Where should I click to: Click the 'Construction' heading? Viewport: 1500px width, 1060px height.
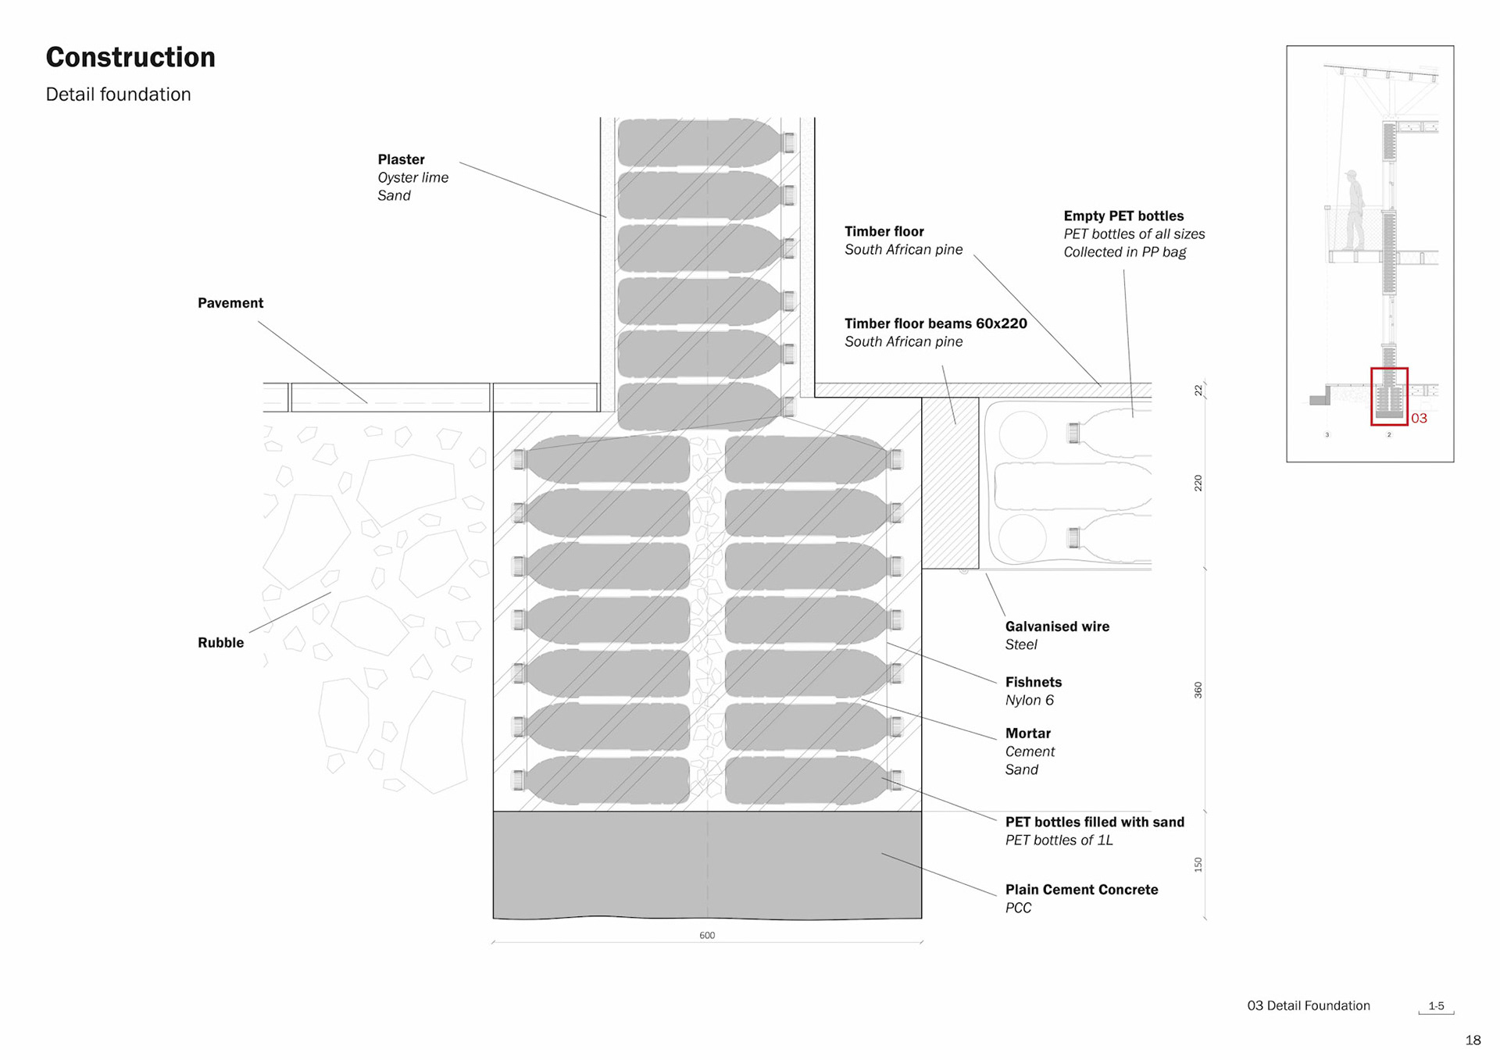click(x=130, y=57)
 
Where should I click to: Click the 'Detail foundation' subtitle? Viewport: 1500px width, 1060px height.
click(x=118, y=95)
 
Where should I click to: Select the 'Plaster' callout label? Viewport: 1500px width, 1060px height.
click(x=401, y=159)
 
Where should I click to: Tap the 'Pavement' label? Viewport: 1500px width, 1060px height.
click(x=230, y=303)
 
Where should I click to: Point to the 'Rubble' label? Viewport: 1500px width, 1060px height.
click(x=220, y=643)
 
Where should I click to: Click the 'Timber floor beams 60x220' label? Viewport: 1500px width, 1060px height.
click(x=935, y=323)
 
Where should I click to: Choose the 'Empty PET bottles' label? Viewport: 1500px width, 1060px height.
click(x=1123, y=216)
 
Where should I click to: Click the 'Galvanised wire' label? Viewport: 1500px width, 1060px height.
click(x=1056, y=626)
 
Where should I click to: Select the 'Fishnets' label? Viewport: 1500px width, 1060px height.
click(x=1033, y=682)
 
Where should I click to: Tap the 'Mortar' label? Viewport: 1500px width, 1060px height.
click(x=1027, y=733)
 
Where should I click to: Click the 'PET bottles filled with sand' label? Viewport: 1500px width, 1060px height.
click(x=1094, y=822)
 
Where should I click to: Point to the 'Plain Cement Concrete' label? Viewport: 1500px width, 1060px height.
click(x=1080, y=890)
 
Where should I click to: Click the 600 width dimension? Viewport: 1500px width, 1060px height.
click(x=707, y=935)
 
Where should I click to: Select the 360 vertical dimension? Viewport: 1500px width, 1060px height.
click(x=1198, y=690)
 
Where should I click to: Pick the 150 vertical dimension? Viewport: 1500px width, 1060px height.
click(x=1198, y=864)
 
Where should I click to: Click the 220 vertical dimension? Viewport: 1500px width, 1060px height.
click(x=1198, y=483)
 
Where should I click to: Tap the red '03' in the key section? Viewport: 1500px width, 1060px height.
click(x=1419, y=419)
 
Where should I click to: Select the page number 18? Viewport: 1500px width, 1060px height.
click(x=1473, y=1040)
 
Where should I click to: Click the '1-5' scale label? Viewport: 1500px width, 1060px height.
click(x=1436, y=1006)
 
